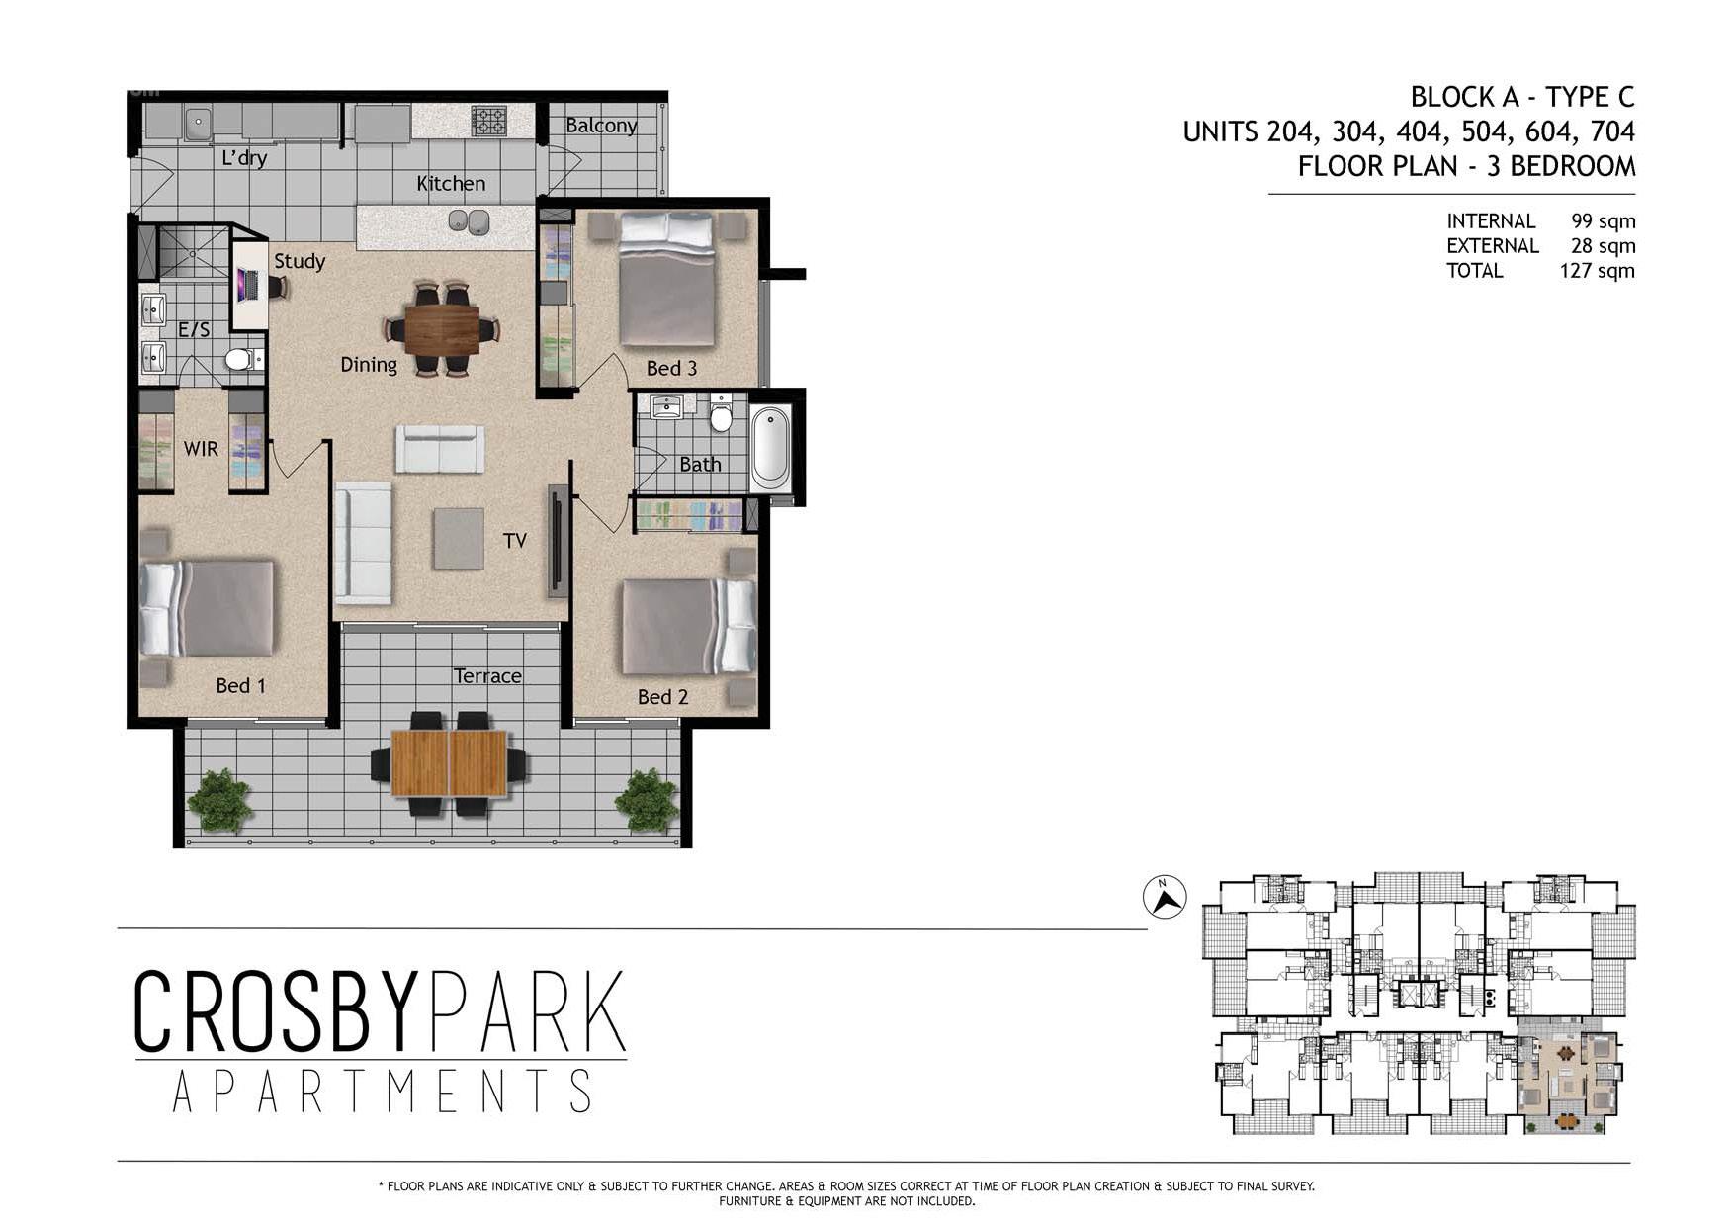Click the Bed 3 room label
coord(671,368)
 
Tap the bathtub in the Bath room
coord(771,449)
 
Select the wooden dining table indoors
coord(442,328)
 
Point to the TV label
coord(514,541)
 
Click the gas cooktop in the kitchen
coord(488,121)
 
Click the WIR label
coord(201,449)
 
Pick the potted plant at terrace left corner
coord(219,800)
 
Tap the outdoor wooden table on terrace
coord(450,763)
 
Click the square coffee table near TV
coord(458,538)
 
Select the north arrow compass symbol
coord(1165,898)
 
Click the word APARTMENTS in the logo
coord(382,1092)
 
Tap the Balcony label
coord(601,126)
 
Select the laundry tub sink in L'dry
coord(198,124)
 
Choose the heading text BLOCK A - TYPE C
coord(1521,97)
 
